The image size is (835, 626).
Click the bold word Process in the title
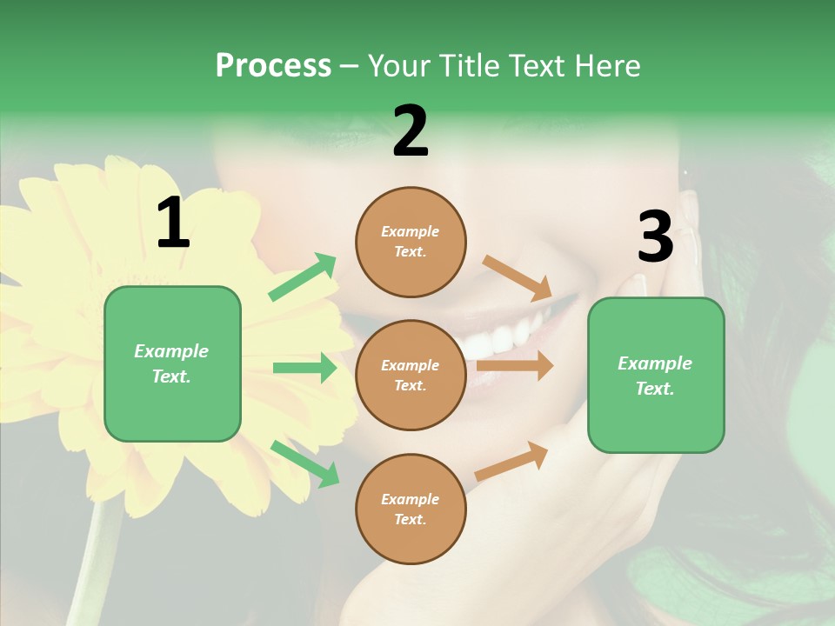273,65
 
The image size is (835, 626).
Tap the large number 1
173,223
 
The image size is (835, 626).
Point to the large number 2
411,131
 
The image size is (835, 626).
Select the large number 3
655,236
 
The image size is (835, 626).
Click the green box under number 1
172,363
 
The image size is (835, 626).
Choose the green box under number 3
656,375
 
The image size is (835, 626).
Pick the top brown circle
411,242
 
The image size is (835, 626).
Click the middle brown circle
411,375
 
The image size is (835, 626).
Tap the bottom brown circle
411,509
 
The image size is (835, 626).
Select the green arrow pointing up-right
304,277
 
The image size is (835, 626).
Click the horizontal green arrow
304,368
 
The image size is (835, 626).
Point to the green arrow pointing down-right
304,463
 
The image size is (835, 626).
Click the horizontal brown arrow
515,366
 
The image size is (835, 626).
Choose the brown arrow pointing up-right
512,461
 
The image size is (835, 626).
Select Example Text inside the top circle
411,242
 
